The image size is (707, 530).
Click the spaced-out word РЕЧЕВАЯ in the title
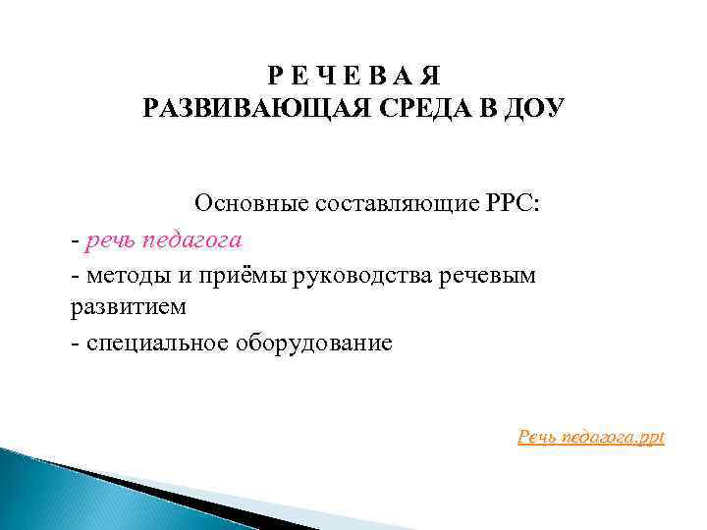(x=356, y=76)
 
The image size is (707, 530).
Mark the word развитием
(x=128, y=308)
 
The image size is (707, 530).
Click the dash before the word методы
(x=76, y=276)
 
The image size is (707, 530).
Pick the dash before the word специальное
(x=76, y=344)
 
